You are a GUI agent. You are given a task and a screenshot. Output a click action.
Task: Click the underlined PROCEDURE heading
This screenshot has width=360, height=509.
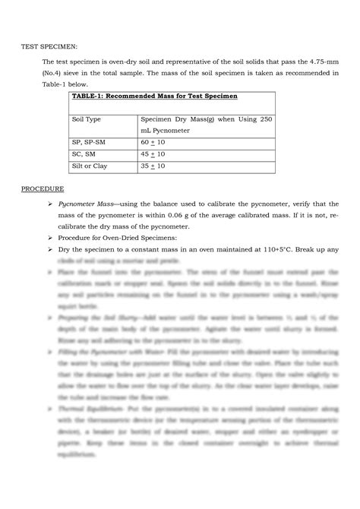(42, 188)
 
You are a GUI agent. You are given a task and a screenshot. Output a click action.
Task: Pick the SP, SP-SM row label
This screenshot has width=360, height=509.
(90, 142)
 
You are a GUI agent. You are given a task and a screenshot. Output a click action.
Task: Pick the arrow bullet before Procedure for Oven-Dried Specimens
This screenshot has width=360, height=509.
(49, 238)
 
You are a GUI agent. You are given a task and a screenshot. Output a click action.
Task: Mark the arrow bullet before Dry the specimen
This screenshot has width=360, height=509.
(49, 249)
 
